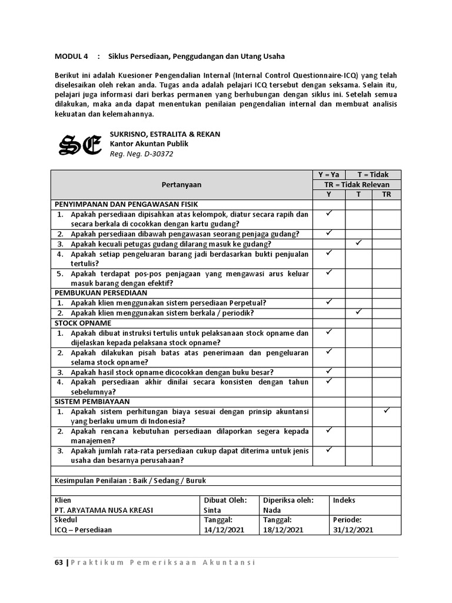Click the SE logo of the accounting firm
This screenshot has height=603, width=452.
(x=81, y=144)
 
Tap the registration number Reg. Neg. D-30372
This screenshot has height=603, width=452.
(x=141, y=154)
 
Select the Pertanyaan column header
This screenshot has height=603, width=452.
(x=181, y=184)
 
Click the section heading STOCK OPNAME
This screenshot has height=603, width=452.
(x=83, y=323)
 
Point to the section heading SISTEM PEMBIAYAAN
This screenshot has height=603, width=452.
(x=92, y=400)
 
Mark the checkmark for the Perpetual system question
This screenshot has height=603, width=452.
(x=328, y=302)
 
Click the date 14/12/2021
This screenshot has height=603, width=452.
(x=224, y=529)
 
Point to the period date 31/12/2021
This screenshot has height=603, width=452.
(x=353, y=529)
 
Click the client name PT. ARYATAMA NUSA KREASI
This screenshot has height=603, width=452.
(x=103, y=510)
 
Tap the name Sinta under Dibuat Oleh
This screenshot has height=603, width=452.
(x=212, y=510)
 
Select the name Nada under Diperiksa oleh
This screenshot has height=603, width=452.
(x=272, y=510)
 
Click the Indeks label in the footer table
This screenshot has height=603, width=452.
(x=344, y=500)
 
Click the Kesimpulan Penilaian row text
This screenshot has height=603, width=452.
(x=130, y=481)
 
